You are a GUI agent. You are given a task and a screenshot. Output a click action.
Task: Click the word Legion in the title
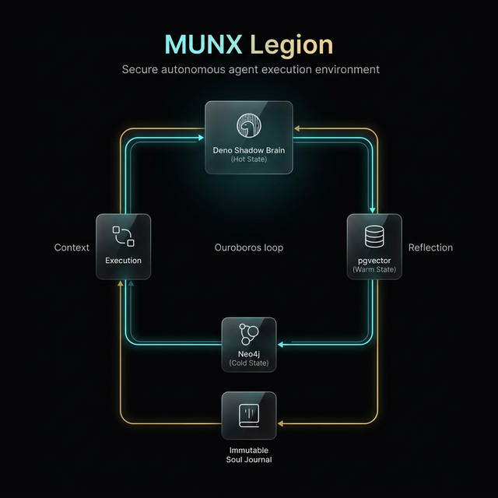pos(291,45)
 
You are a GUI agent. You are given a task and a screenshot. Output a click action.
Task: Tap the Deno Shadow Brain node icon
pos(249,126)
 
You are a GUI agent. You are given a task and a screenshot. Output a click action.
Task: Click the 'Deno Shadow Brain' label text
pos(249,149)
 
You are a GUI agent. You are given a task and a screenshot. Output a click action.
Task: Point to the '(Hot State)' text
pos(249,160)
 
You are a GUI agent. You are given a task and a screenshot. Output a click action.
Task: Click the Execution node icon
pos(123,237)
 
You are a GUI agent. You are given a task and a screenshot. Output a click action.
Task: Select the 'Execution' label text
pos(123,261)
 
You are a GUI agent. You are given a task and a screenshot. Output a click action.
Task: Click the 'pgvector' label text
pos(373,260)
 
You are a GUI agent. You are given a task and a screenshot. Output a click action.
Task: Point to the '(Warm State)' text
pos(373,269)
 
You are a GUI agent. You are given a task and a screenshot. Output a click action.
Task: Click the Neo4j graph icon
pos(249,333)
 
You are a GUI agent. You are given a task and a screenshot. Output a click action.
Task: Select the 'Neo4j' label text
pos(249,354)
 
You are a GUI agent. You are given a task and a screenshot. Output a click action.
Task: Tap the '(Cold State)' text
pos(249,363)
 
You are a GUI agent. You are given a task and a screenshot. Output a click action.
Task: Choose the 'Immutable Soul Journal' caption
pos(249,454)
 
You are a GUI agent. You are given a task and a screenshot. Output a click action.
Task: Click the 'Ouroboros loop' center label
pos(249,247)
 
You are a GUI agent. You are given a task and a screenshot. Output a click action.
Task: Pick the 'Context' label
pos(72,247)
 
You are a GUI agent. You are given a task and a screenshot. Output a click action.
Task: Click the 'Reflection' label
pos(430,247)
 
